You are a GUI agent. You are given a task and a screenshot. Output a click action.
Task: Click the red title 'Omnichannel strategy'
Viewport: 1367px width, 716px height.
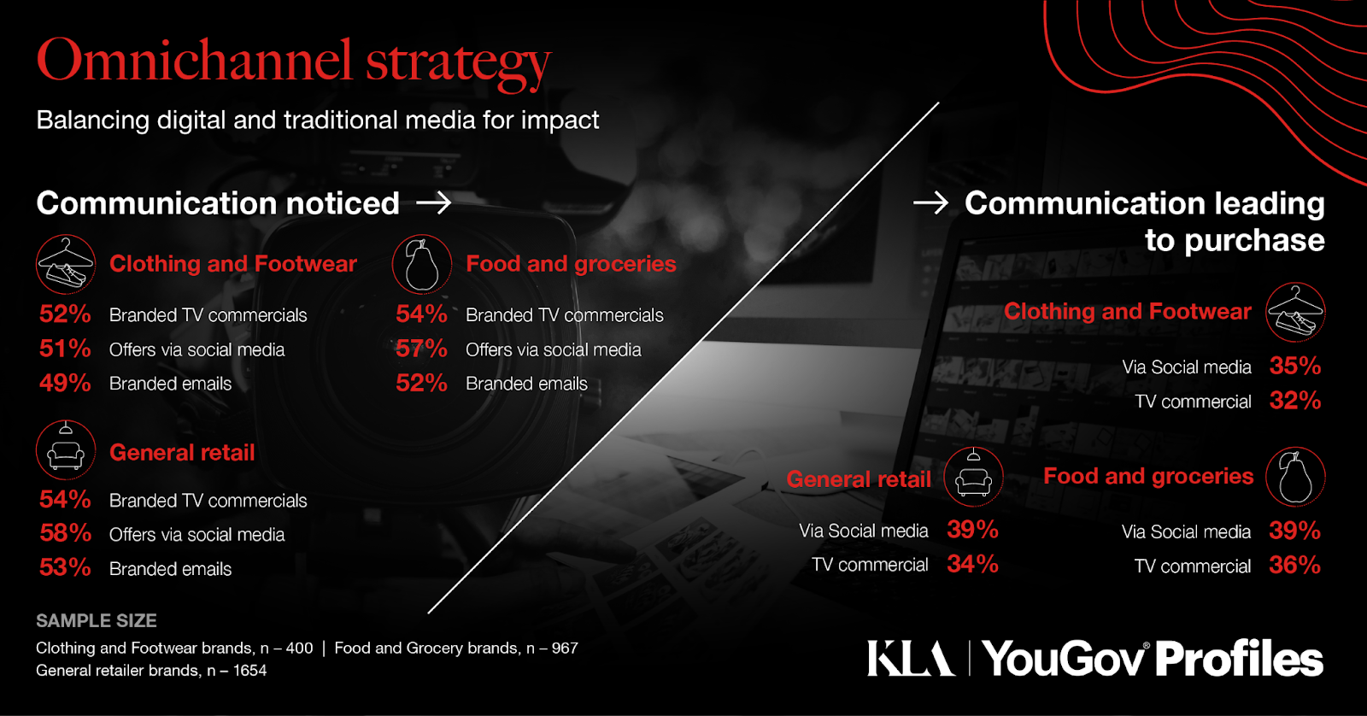point(294,62)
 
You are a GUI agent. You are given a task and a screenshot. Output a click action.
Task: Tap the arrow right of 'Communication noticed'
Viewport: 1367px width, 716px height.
point(433,202)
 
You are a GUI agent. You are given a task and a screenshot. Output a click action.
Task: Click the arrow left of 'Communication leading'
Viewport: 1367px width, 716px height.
point(930,202)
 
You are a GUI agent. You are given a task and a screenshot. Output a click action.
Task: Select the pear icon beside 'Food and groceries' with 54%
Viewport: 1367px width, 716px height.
point(422,264)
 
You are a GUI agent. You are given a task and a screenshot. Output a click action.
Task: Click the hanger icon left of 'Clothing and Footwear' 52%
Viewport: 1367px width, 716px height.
point(66,264)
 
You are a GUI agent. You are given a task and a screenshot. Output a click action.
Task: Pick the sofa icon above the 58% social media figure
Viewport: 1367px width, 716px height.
point(66,450)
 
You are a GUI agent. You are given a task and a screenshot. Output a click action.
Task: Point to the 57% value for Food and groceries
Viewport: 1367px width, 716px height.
point(421,349)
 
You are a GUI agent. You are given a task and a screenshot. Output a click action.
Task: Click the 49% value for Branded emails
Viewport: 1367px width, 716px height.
point(65,383)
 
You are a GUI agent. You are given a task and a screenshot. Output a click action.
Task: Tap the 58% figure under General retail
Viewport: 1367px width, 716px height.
point(65,533)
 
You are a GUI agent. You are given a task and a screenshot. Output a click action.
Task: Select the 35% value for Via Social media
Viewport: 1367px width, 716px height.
point(1295,366)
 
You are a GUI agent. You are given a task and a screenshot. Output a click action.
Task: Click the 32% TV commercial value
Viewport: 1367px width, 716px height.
point(1295,401)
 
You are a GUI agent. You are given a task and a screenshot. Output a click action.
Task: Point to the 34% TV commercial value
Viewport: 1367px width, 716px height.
point(972,563)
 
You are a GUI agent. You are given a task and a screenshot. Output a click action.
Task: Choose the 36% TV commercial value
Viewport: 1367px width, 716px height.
point(1294,565)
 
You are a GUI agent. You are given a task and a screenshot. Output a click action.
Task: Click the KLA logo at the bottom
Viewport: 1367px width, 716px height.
point(911,658)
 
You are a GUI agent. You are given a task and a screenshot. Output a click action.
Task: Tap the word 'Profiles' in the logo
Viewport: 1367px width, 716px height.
point(1239,659)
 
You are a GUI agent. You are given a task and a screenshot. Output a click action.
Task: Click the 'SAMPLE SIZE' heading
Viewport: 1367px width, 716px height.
point(97,621)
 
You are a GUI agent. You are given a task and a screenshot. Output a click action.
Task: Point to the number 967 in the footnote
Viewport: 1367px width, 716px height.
point(565,648)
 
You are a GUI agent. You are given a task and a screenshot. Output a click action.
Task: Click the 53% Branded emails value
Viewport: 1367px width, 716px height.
point(65,567)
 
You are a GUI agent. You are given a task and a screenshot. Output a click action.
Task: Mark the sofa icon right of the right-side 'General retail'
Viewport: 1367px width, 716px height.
point(973,478)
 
